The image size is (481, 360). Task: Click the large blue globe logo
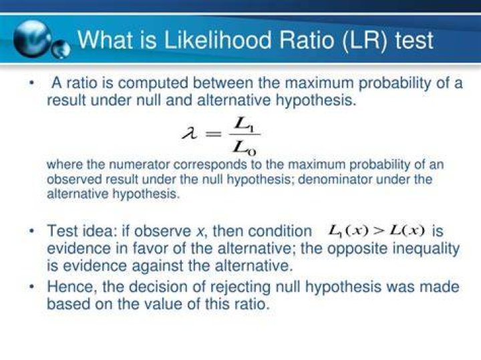tap(32, 39)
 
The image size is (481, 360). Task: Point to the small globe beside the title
tap(60, 49)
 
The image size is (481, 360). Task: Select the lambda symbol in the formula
tap(190, 134)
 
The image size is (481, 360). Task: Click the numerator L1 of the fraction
tap(244, 124)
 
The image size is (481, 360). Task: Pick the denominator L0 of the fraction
tap(244, 148)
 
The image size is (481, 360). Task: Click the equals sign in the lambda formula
tap(214, 134)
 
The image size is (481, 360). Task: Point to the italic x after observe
tap(200, 231)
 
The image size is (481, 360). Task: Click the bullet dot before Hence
tap(31, 287)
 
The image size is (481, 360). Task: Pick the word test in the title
tap(414, 41)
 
